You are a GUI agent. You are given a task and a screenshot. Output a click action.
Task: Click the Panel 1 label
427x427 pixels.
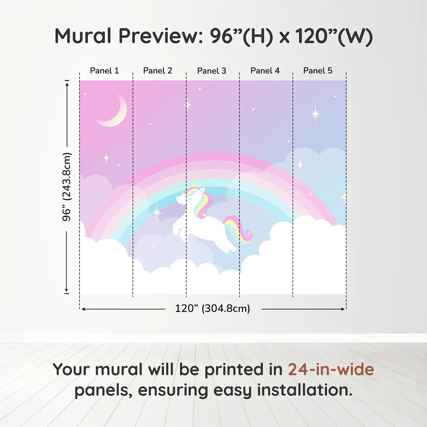click(104, 71)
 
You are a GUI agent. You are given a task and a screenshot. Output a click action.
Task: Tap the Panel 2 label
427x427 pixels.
click(158, 71)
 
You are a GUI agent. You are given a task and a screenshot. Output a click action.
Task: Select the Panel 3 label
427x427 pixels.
click(212, 71)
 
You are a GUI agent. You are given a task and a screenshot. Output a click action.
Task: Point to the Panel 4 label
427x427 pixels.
click(265, 71)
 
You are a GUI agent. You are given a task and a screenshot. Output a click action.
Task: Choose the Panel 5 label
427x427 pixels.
click(318, 71)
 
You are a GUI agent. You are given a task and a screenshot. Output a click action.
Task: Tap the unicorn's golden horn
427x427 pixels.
click(194, 184)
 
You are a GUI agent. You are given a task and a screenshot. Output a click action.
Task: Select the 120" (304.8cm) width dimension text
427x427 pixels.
click(213, 308)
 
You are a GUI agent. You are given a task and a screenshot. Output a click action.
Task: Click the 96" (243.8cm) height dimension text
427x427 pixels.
click(66, 187)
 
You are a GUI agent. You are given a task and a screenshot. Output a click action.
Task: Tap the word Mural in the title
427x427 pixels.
click(83, 36)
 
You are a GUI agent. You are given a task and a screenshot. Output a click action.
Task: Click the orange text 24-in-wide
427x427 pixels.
click(331, 369)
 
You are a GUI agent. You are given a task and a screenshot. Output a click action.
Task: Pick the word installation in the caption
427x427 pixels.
click(305, 390)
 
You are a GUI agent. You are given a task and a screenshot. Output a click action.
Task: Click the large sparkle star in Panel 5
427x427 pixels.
click(315, 114)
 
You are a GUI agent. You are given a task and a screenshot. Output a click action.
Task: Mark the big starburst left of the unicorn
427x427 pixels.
click(157, 213)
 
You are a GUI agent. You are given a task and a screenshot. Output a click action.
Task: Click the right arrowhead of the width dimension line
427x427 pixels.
click(343, 309)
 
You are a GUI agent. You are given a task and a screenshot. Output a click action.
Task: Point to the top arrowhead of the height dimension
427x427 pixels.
click(67, 84)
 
